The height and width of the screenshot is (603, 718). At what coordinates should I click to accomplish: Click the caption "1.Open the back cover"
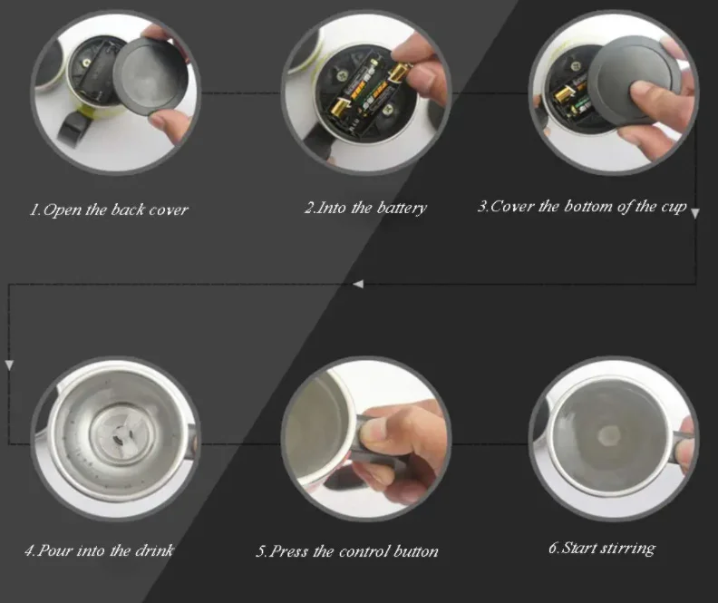110,209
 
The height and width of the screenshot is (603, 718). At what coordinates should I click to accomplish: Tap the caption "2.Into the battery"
364,208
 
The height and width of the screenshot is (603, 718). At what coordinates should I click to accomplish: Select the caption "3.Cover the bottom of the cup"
581,207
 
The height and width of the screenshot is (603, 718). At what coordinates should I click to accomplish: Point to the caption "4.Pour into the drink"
99,550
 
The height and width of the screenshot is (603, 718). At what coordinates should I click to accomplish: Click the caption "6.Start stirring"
601,548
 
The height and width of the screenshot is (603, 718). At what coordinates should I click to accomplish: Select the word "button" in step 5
416,550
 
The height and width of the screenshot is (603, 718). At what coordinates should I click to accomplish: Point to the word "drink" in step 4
153,550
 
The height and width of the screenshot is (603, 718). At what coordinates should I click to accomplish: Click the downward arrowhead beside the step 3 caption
695,212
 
